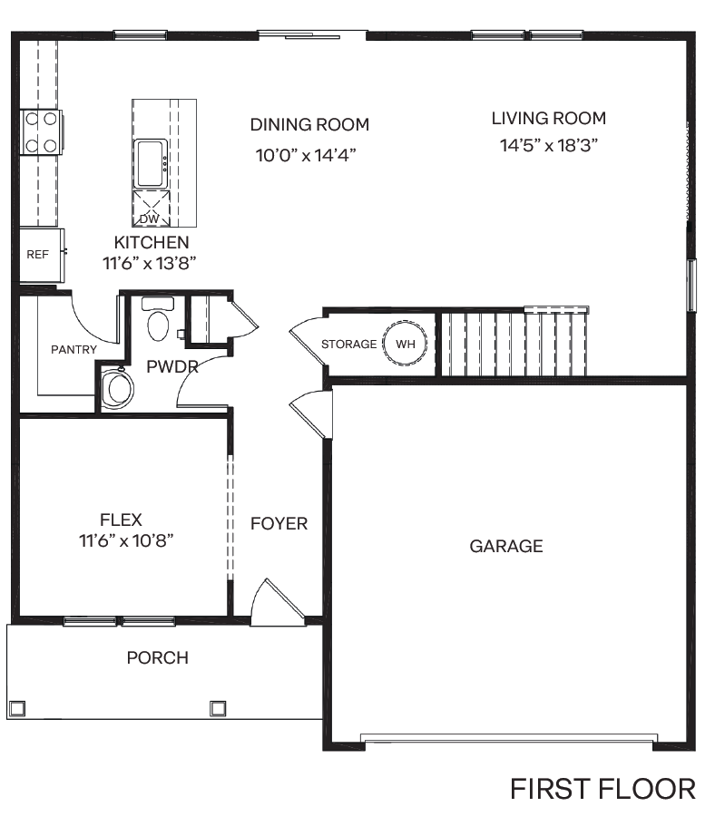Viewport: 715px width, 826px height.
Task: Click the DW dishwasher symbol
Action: (x=150, y=209)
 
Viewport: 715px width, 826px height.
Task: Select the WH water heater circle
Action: (x=405, y=345)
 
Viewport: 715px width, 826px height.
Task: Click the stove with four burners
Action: (x=41, y=131)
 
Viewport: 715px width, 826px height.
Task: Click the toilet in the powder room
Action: (x=158, y=321)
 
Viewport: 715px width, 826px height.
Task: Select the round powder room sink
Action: (x=117, y=388)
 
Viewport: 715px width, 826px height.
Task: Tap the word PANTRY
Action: (x=73, y=349)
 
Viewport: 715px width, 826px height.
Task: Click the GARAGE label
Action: (x=506, y=546)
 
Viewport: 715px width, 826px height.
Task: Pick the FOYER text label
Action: (x=279, y=523)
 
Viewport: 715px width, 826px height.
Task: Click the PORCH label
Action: (x=158, y=657)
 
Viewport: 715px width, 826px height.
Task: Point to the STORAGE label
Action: (x=348, y=345)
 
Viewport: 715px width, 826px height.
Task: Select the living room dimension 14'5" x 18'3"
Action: (x=548, y=145)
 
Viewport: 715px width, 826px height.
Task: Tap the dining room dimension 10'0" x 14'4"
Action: (x=305, y=155)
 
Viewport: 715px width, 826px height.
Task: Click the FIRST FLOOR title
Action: (x=602, y=789)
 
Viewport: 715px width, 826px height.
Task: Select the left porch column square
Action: (x=15, y=708)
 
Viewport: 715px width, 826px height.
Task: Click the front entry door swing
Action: (x=275, y=601)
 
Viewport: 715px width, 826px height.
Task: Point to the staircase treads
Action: (x=513, y=343)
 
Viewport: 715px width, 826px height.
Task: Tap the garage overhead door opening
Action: (x=506, y=739)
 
